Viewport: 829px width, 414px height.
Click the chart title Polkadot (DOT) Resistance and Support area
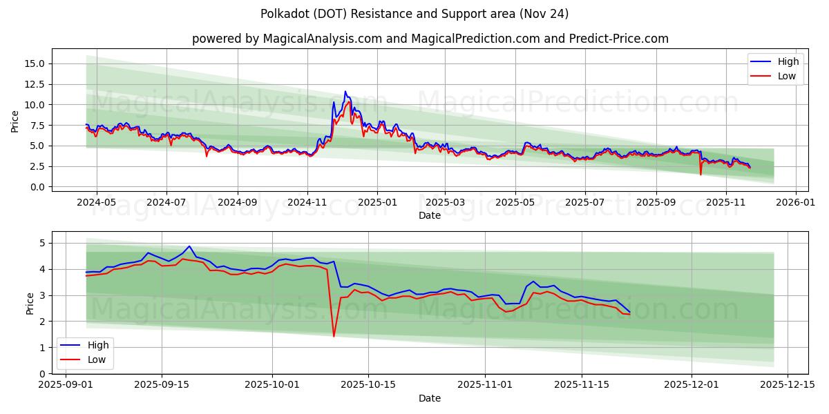414,14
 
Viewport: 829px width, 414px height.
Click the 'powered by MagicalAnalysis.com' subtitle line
430,39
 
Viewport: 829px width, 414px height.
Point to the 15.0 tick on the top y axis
35,63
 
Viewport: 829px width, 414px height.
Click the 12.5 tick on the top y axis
35,84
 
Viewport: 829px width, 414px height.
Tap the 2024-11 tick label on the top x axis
307,203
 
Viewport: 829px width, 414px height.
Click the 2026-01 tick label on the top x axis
797,203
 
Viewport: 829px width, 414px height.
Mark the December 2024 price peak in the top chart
345,92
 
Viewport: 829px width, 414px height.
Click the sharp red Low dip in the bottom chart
334,336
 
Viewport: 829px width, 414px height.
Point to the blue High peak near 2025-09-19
189,246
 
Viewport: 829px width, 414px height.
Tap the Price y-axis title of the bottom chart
30,303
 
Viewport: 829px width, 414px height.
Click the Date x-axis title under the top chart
430,215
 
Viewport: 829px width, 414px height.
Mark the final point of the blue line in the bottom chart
629,312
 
